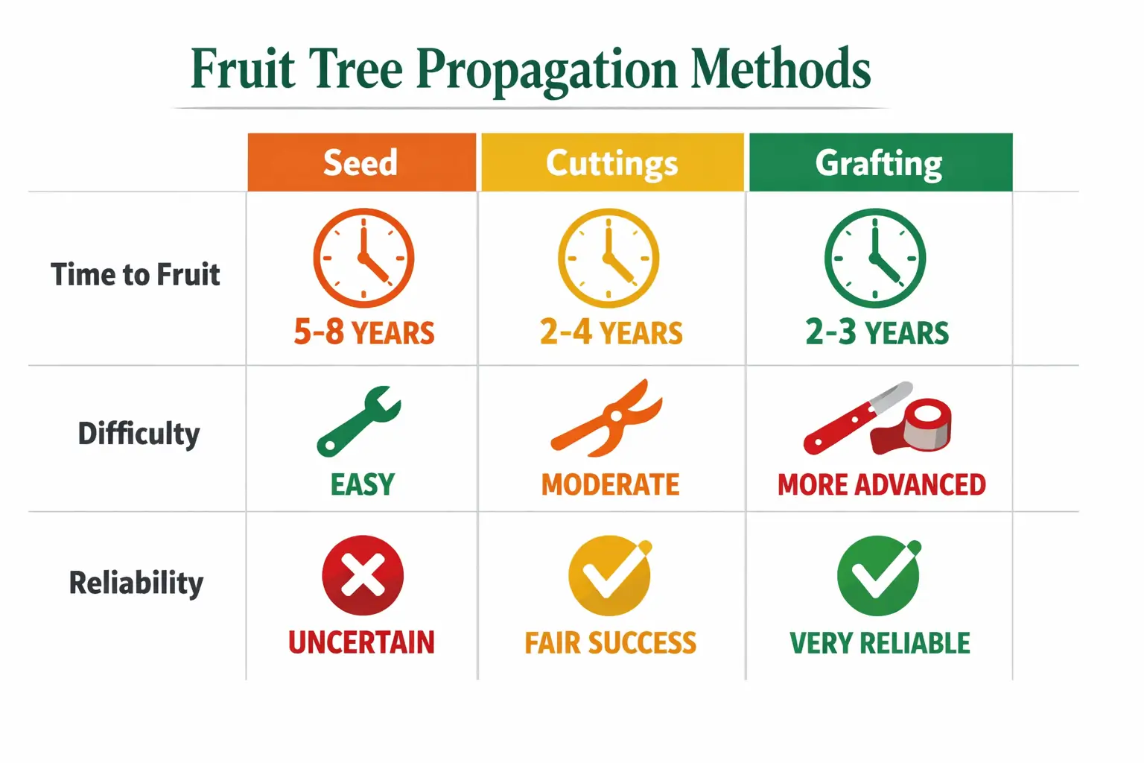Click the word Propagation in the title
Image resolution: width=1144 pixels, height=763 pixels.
tap(546, 70)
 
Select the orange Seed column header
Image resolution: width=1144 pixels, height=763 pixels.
tap(361, 162)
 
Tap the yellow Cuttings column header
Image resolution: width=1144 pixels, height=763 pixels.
tap(612, 163)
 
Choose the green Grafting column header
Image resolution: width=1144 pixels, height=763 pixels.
tap(880, 163)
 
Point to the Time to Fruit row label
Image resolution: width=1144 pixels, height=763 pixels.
tap(136, 275)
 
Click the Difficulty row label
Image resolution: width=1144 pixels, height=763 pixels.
tap(139, 434)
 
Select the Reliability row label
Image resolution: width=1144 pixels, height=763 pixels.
tap(136, 583)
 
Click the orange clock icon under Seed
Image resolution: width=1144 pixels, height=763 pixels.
tap(363, 258)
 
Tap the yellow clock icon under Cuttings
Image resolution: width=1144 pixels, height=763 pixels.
tap(608, 258)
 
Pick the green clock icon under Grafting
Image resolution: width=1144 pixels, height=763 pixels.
tap(875, 258)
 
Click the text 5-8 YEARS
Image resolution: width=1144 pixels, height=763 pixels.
tap(364, 332)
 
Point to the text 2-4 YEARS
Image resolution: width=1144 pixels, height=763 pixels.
tap(611, 332)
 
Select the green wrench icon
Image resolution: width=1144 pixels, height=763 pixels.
tap(359, 421)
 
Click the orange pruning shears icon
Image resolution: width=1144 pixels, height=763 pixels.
tap(607, 418)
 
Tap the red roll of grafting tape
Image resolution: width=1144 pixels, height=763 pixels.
tap(922, 425)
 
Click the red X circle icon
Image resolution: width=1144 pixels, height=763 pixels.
tap(363, 575)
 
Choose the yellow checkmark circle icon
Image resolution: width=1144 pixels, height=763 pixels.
tap(609, 575)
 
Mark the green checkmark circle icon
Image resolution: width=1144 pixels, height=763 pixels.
tap(878, 575)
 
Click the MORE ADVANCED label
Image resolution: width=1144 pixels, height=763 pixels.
tap(882, 485)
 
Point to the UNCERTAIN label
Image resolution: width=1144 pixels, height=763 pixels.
tap(361, 642)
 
